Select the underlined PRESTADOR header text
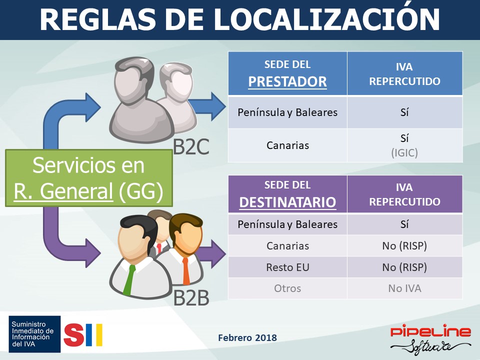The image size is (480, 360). [x=287, y=81]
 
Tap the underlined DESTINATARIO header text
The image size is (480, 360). [x=288, y=202]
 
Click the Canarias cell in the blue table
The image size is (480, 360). [x=288, y=145]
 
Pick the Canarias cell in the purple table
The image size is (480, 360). [x=288, y=245]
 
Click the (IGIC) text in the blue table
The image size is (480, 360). [x=404, y=152]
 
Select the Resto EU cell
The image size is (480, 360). [x=288, y=267]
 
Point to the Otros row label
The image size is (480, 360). [x=288, y=288]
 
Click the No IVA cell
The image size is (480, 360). [x=404, y=288]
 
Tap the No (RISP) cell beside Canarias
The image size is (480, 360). [x=404, y=246]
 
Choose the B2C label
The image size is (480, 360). [x=191, y=147]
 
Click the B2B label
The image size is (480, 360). [x=191, y=297]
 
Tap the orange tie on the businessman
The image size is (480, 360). [x=186, y=271]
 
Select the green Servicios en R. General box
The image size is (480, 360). [x=89, y=178]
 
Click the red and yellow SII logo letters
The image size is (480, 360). [x=83, y=334]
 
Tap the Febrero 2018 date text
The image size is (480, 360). [x=247, y=337]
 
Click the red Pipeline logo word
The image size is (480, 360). [x=430, y=331]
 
